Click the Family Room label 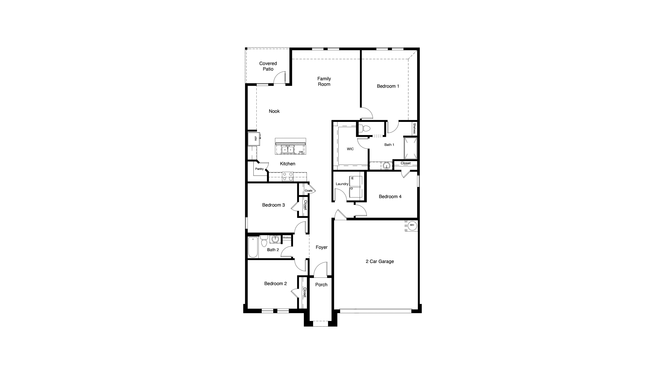coord(324,81)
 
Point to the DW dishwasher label coord(301,152)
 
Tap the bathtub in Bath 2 coord(253,247)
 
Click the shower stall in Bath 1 coord(410,148)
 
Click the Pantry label coord(259,169)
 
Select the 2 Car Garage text coord(380,262)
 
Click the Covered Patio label coord(268,66)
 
